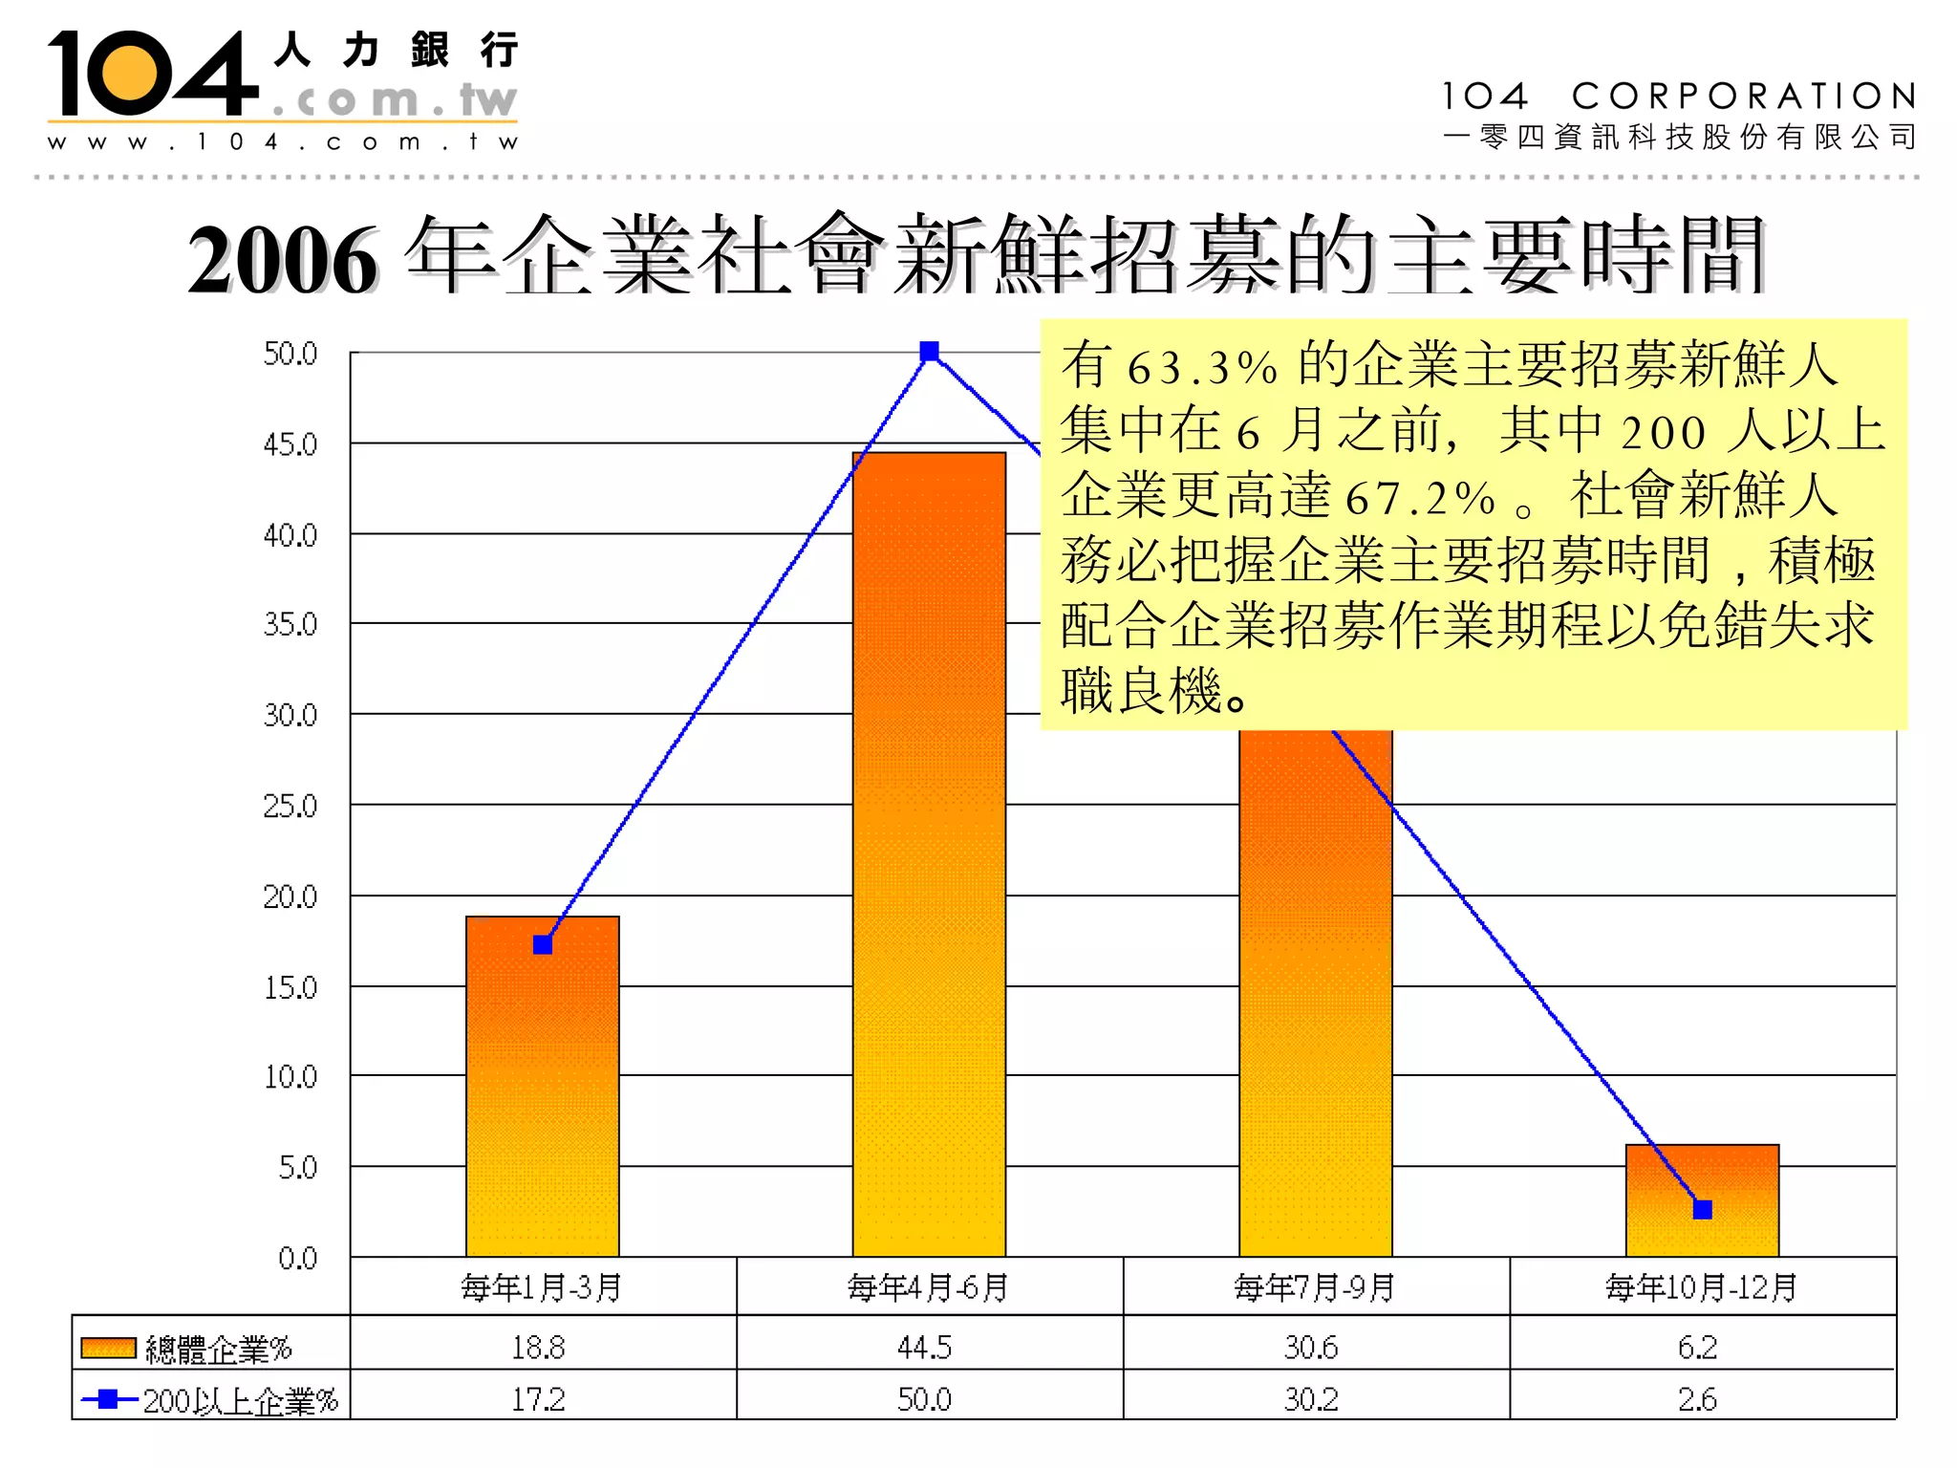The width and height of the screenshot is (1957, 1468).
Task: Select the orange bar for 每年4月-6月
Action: [929, 860]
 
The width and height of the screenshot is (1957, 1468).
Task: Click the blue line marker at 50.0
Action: [929, 352]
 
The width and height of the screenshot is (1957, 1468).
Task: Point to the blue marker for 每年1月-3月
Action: [543, 945]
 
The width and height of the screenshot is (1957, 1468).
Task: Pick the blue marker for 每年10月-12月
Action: [1702, 1210]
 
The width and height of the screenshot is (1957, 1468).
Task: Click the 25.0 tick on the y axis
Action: [290, 807]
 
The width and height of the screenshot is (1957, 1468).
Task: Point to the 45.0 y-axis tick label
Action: [290, 444]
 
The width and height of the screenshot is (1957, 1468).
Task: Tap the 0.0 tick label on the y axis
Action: [297, 1258]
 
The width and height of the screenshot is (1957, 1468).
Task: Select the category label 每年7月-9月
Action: [1315, 1287]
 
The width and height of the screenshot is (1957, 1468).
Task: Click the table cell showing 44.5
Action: [924, 1347]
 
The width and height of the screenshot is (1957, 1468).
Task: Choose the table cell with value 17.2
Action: [538, 1399]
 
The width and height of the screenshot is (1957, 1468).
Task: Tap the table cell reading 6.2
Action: [1697, 1347]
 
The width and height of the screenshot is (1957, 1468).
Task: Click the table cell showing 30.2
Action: [1311, 1399]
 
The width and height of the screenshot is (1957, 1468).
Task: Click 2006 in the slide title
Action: [283, 260]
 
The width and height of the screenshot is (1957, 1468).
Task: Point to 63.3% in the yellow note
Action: [1201, 368]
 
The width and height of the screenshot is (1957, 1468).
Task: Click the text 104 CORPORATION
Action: [1678, 96]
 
